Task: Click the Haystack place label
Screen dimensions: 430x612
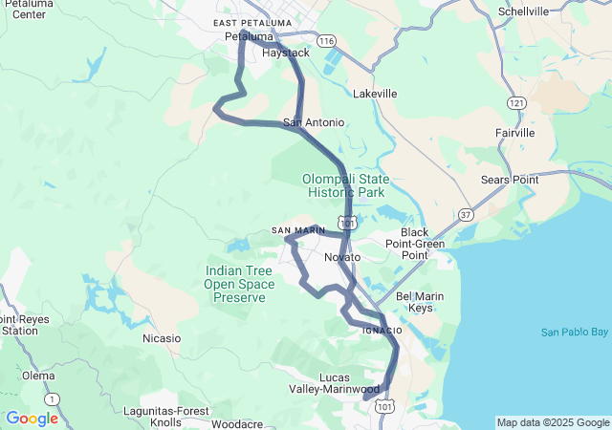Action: (285, 54)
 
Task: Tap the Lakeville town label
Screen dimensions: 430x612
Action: (375, 95)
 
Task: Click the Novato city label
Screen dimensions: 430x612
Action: (342, 258)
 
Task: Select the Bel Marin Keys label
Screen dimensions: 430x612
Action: (420, 302)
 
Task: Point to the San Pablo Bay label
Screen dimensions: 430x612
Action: (574, 333)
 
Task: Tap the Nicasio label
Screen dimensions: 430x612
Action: (161, 338)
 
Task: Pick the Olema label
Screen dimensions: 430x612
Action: (38, 376)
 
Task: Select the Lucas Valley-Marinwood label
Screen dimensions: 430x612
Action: (335, 383)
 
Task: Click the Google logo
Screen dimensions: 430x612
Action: (32, 419)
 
